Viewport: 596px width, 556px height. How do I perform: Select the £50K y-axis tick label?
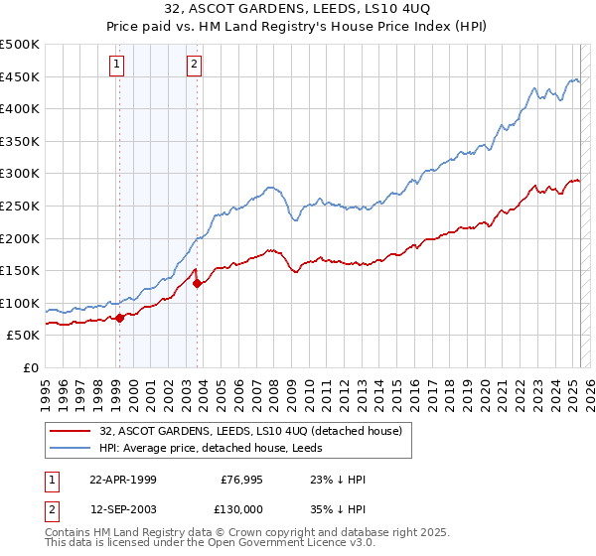click(24, 336)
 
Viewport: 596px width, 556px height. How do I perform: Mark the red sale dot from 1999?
click(120, 318)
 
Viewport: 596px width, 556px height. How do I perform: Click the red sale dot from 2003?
click(197, 283)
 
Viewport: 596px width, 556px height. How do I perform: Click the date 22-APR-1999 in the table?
click(123, 479)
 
